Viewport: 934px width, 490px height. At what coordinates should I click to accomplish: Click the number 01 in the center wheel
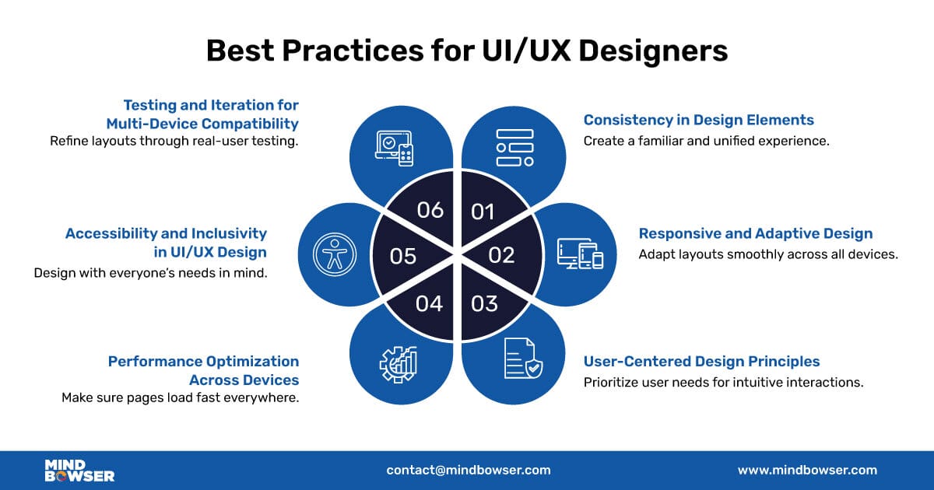(x=483, y=211)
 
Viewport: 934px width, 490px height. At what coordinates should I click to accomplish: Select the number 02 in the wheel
(x=502, y=255)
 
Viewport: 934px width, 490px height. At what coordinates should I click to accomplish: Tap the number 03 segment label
(x=484, y=303)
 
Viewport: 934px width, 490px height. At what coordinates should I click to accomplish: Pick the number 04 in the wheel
(x=429, y=303)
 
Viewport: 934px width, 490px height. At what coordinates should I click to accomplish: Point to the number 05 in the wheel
(x=403, y=256)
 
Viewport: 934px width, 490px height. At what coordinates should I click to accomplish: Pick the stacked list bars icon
(x=514, y=147)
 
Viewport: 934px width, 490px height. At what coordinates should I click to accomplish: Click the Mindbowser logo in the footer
(x=79, y=470)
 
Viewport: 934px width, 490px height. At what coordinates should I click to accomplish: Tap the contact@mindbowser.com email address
(x=468, y=470)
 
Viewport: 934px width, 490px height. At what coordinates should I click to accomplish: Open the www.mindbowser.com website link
(x=807, y=470)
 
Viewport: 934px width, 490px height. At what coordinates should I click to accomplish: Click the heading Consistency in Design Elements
(x=698, y=120)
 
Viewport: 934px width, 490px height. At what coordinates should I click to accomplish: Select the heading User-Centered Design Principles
(x=701, y=362)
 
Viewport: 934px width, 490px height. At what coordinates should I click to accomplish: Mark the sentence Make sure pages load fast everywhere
(x=180, y=397)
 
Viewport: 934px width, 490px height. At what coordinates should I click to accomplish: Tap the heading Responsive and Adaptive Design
(x=755, y=233)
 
